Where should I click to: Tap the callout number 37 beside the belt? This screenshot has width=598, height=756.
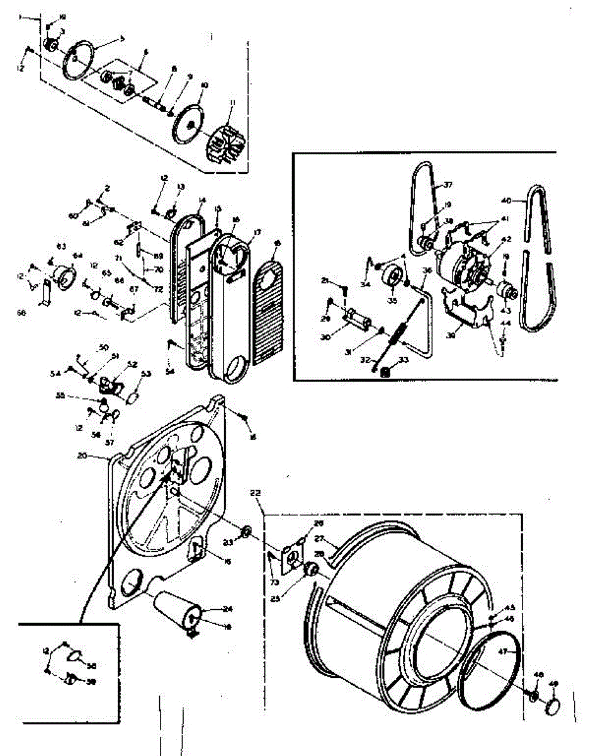448,185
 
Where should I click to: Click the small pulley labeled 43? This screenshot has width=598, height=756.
506,292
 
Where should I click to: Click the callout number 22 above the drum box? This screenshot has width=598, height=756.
254,493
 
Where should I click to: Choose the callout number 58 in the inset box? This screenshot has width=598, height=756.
91,665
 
